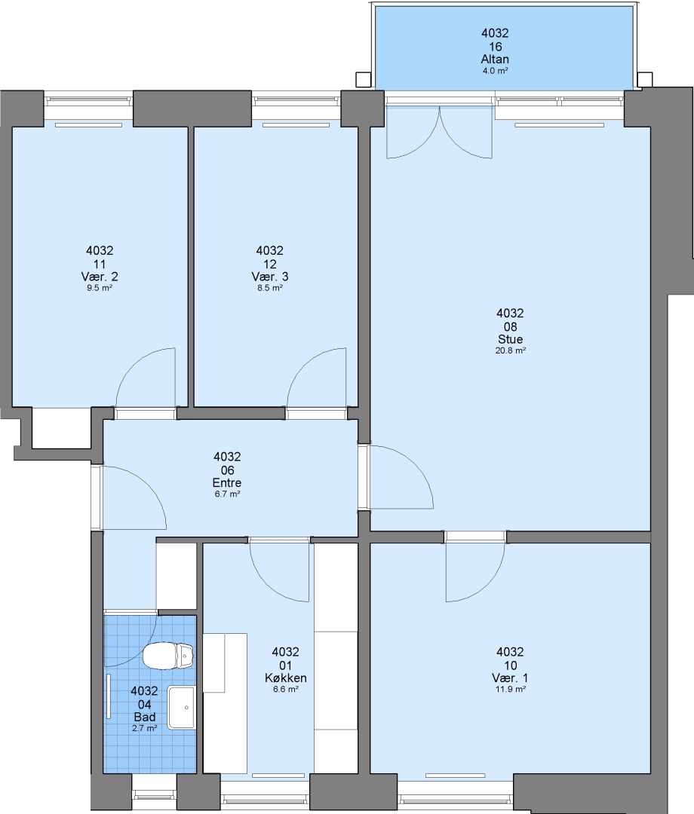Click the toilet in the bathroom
point(168,656)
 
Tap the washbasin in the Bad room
point(181,707)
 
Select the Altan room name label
point(495,59)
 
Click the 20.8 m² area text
point(511,350)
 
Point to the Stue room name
point(510,339)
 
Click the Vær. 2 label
point(100,276)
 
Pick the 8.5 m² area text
point(270,288)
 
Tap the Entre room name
point(227,482)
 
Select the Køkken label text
point(286,678)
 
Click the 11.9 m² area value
point(511,690)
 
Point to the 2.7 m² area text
point(144,728)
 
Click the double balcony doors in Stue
point(440,132)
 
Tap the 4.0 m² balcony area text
point(495,71)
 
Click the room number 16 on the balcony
point(495,46)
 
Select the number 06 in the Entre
point(227,470)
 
